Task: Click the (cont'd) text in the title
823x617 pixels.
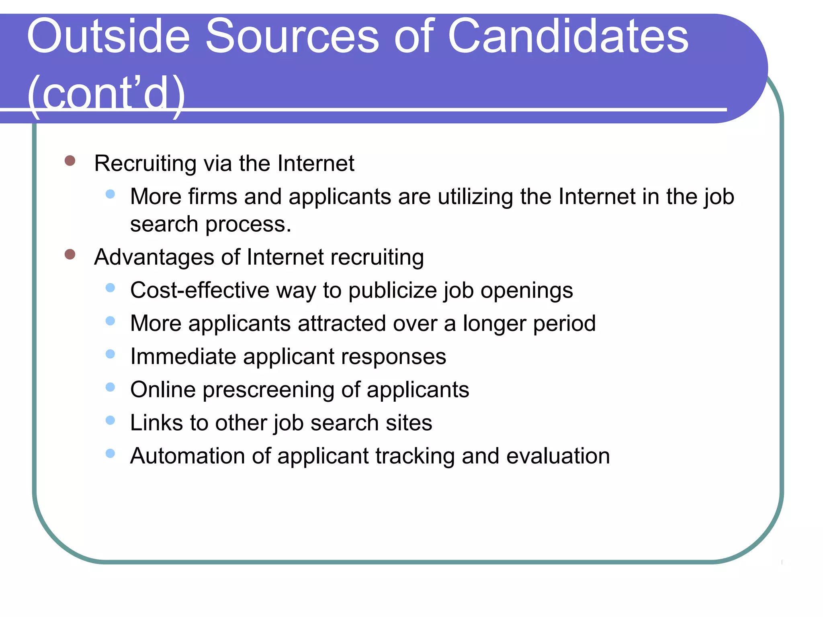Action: (106, 95)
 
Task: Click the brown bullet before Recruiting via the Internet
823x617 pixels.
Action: (70, 161)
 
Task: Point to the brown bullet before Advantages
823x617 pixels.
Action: (70, 254)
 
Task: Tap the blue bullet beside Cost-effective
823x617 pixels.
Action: (110, 288)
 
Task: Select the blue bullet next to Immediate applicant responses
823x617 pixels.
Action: (110, 354)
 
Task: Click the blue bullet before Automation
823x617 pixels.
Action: (110, 454)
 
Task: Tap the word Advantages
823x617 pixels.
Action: (154, 257)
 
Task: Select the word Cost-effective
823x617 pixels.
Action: (200, 290)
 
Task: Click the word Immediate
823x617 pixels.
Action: (183, 356)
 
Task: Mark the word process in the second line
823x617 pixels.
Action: (248, 225)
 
